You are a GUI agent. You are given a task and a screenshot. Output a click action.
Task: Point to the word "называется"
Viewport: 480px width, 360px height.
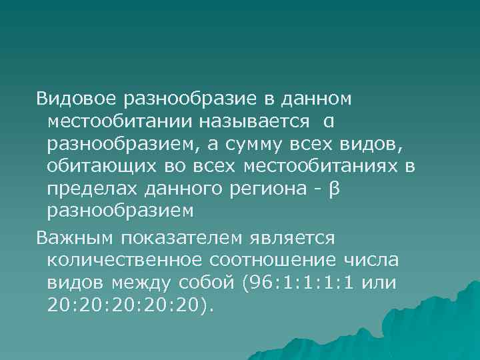[x=253, y=121]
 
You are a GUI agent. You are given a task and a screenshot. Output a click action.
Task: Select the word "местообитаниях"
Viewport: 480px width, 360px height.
[x=322, y=167]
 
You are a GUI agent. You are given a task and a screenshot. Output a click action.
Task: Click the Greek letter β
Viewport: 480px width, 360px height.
[x=335, y=189]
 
